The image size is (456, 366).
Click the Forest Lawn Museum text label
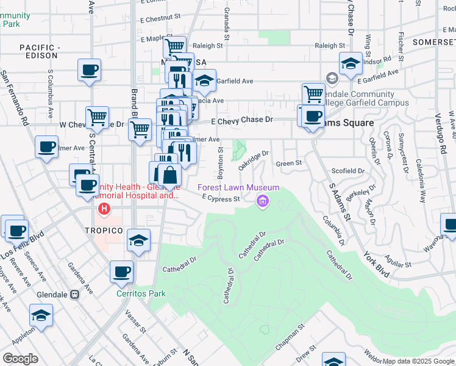click(238, 188)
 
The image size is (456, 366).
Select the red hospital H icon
click(104, 209)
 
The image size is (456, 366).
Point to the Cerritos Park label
click(141, 293)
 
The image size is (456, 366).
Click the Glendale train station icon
click(76, 293)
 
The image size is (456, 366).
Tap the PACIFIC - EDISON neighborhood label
click(40, 51)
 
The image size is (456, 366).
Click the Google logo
click(20, 359)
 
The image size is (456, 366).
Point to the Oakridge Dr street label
click(253, 161)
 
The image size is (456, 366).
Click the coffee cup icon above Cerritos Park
click(121, 271)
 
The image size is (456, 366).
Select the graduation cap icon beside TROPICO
click(139, 240)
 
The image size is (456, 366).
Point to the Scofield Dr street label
click(347, 171)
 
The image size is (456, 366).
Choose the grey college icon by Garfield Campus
click(332, 78)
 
